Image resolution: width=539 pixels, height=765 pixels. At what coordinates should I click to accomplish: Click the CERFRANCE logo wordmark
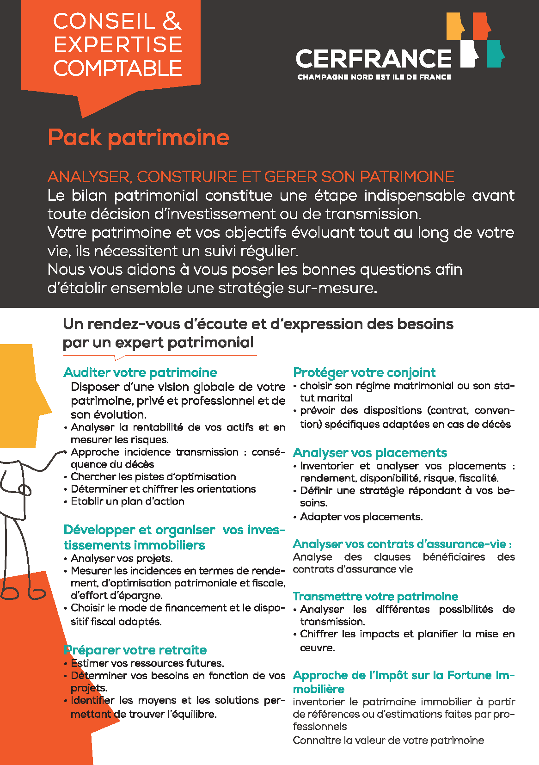tap(374, 59)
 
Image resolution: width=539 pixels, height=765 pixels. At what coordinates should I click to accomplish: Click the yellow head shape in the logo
tap(455, 27)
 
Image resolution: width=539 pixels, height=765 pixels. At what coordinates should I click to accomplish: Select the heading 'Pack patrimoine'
tap(139, 138)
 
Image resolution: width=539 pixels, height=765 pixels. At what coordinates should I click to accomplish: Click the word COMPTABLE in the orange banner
tap(117, 68)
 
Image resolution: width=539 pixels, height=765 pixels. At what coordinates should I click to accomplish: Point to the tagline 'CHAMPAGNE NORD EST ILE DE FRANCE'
tap(374, 77)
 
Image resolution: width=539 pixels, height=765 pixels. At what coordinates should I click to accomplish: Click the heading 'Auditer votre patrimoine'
tap(140, 372)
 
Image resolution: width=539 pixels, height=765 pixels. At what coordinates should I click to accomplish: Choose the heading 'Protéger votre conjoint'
tap(364, 372)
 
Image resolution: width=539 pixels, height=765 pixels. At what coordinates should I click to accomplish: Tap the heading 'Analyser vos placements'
tap(370, 452)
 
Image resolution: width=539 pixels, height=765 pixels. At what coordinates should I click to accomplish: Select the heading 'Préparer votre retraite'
tap(135, 650)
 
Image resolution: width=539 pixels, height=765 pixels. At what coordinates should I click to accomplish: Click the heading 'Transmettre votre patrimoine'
tap(375, 596)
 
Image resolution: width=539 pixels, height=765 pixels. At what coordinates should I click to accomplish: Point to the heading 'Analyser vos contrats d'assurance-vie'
tap(402, 544)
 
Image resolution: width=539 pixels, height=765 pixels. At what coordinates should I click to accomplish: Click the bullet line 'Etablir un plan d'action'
tap(127, 501)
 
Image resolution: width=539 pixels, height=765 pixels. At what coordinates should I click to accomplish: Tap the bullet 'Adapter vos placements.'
tap(361, 517)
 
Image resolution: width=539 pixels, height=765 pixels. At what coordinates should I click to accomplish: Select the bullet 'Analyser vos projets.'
tap(122, 558)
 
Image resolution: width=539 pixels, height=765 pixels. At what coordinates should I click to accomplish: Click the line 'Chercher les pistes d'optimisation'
tap(153, 476)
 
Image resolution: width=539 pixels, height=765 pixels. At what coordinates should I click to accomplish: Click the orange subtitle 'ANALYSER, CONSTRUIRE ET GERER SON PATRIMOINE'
tap(251, 177)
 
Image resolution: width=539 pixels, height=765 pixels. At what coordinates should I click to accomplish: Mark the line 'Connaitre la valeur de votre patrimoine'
tap(388, 740)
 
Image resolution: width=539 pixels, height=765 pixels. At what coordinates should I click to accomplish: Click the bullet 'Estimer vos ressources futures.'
tap(147, 663)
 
